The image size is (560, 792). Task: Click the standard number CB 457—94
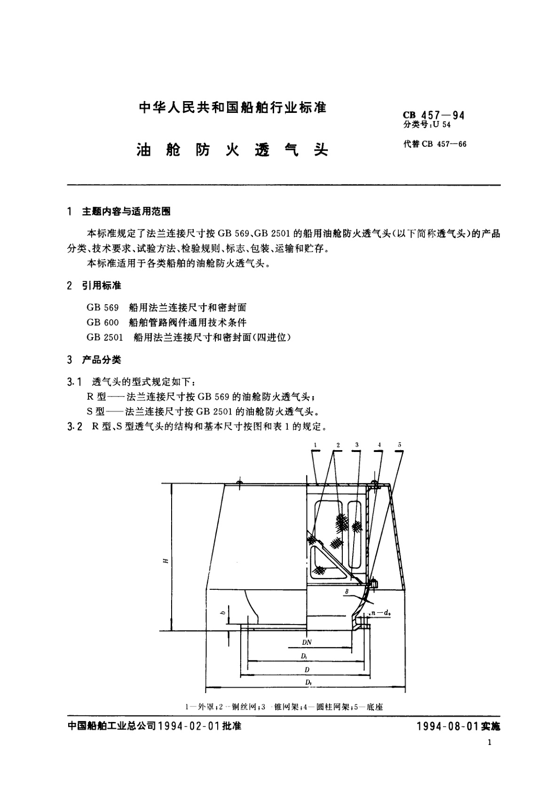pos(433,115)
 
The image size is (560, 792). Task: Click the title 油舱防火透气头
pos(232,150)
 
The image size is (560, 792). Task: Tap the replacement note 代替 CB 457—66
pos(434,144)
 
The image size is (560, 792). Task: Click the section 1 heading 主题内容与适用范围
pos(126,212)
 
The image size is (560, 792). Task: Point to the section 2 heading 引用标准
pos(102,285)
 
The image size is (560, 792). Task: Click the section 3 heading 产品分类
pos(102,360)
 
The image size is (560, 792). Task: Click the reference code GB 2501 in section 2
pos(105,337)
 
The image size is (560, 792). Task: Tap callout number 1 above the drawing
pos(315,444)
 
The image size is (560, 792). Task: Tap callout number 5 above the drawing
pos(399,444)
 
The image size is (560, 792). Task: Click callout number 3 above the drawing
pos(357,444)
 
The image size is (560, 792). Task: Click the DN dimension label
pos(307,642)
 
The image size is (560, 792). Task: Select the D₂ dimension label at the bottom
pos(308,682)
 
